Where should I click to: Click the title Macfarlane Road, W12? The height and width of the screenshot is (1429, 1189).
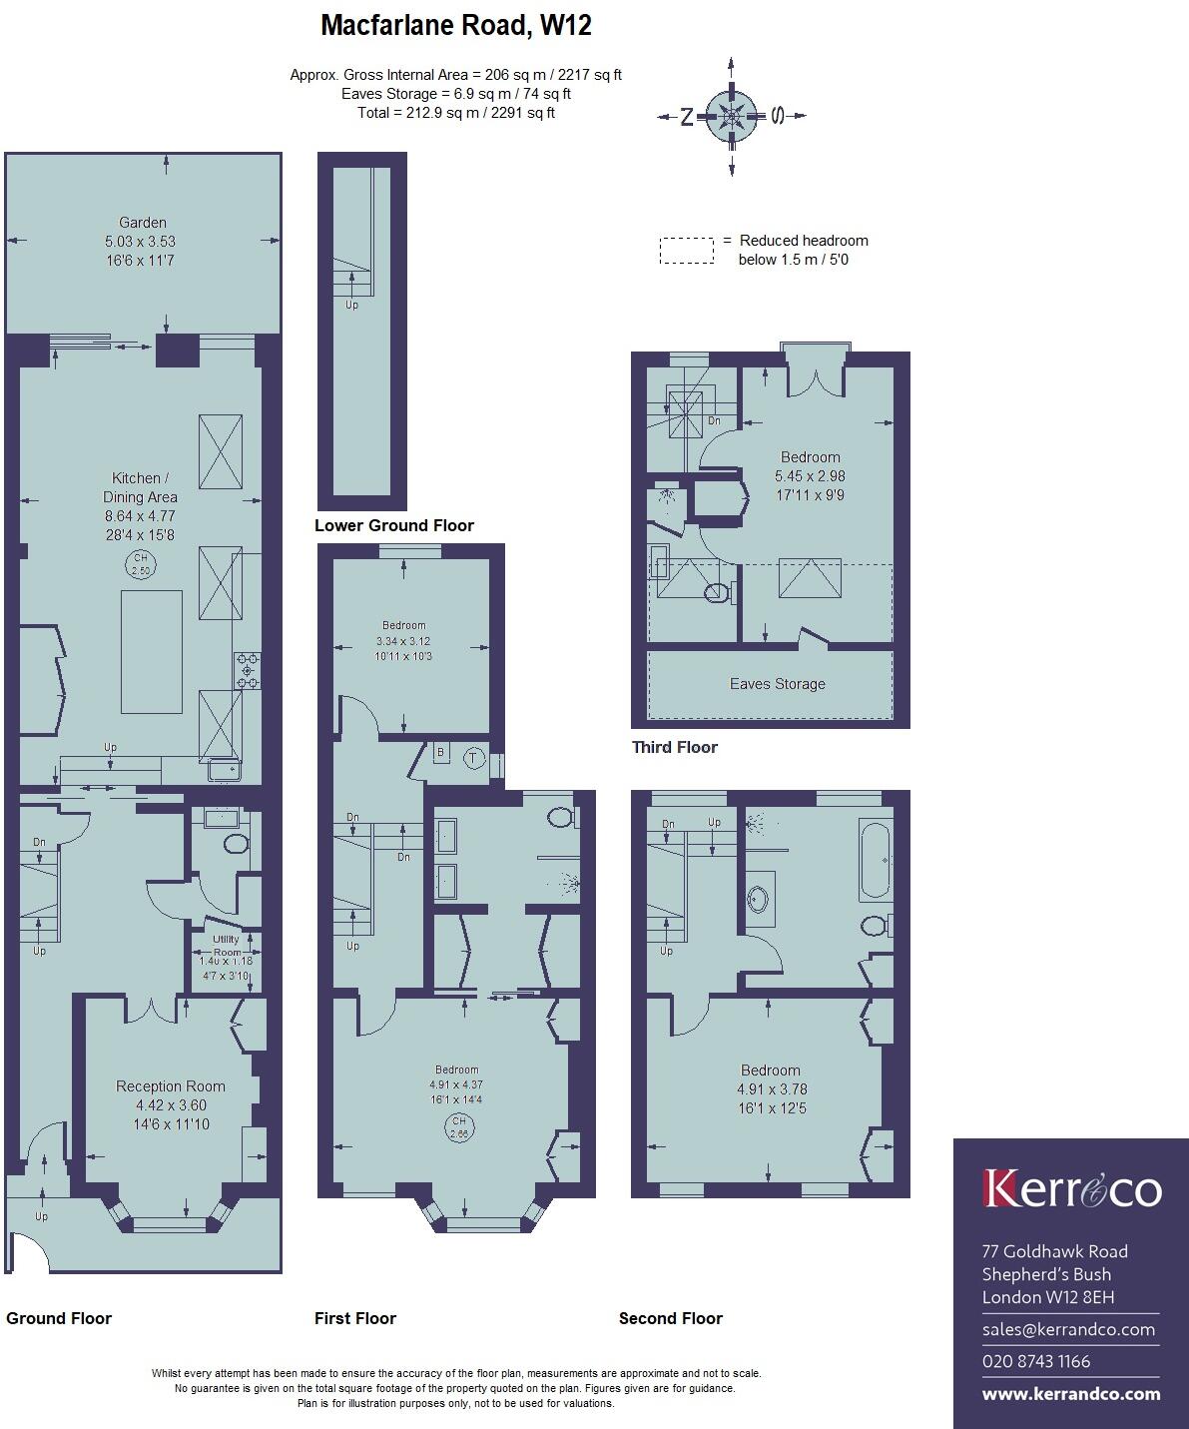455,26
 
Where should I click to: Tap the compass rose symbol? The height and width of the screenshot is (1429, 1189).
731,116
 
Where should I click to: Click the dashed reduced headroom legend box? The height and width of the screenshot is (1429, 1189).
686,250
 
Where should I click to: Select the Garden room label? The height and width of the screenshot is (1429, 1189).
143,223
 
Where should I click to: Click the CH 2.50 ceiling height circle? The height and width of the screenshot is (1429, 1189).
141,563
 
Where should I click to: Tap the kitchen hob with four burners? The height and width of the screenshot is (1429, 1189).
248,670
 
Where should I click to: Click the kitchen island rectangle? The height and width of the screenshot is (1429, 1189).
152,651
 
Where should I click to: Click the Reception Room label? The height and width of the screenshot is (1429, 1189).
171,1086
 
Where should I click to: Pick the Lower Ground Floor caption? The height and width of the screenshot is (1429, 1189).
394,525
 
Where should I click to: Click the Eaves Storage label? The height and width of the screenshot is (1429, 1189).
778,684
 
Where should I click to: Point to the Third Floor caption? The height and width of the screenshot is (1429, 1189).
675,747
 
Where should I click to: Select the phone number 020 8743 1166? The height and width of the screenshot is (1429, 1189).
1036,1361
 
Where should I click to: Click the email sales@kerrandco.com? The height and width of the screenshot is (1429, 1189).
1068,1329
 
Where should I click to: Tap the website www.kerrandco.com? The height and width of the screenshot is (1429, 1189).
1071,1394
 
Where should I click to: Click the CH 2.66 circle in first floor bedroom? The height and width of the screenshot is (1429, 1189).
458,1128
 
